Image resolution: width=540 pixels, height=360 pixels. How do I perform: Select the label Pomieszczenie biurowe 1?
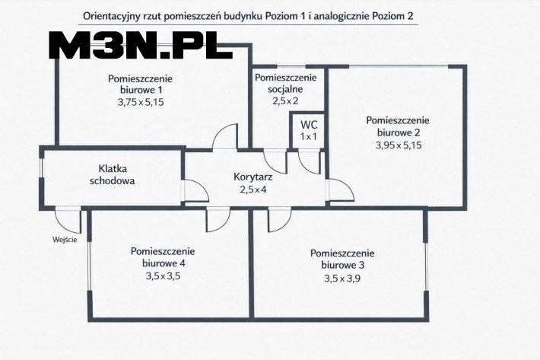pyautogui.click(x=141, y=84)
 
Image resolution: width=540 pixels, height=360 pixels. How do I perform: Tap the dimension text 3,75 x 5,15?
pyautogui.click(x=141, y=102)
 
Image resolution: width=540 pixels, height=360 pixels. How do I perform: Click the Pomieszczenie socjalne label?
pyautogui.click(x=285, y=84)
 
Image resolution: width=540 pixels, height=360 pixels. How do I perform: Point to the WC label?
pyautogui.click(x=309, y=124)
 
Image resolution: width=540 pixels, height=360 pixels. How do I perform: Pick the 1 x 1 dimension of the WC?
pyautogui.click(x=309, y=136)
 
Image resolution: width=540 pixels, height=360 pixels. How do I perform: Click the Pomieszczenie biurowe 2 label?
pyautogui.click(x=398, y=126)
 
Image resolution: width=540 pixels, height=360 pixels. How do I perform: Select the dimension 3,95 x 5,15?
pyautogui.click(x=398, y=145)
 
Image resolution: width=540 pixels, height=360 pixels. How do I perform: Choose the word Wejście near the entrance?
pyautogui.click(x=65, y=240)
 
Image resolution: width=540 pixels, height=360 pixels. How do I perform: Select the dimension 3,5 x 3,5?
pyautogui.click(x=163, y=276)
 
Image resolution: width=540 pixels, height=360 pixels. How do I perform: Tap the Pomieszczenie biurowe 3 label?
pyautogui.click(x=342, y=259)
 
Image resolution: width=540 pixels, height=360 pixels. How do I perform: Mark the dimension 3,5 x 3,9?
pyautogui.click(x=342, y=278)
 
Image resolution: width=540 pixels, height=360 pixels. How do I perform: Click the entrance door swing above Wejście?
pyautogui.click(x=68, y=221)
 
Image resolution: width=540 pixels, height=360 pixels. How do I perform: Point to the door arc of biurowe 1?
pyautogui.click(x=226, y=137)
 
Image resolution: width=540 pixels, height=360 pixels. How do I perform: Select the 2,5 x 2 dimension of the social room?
pyautogui.click(x=285, y=101)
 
